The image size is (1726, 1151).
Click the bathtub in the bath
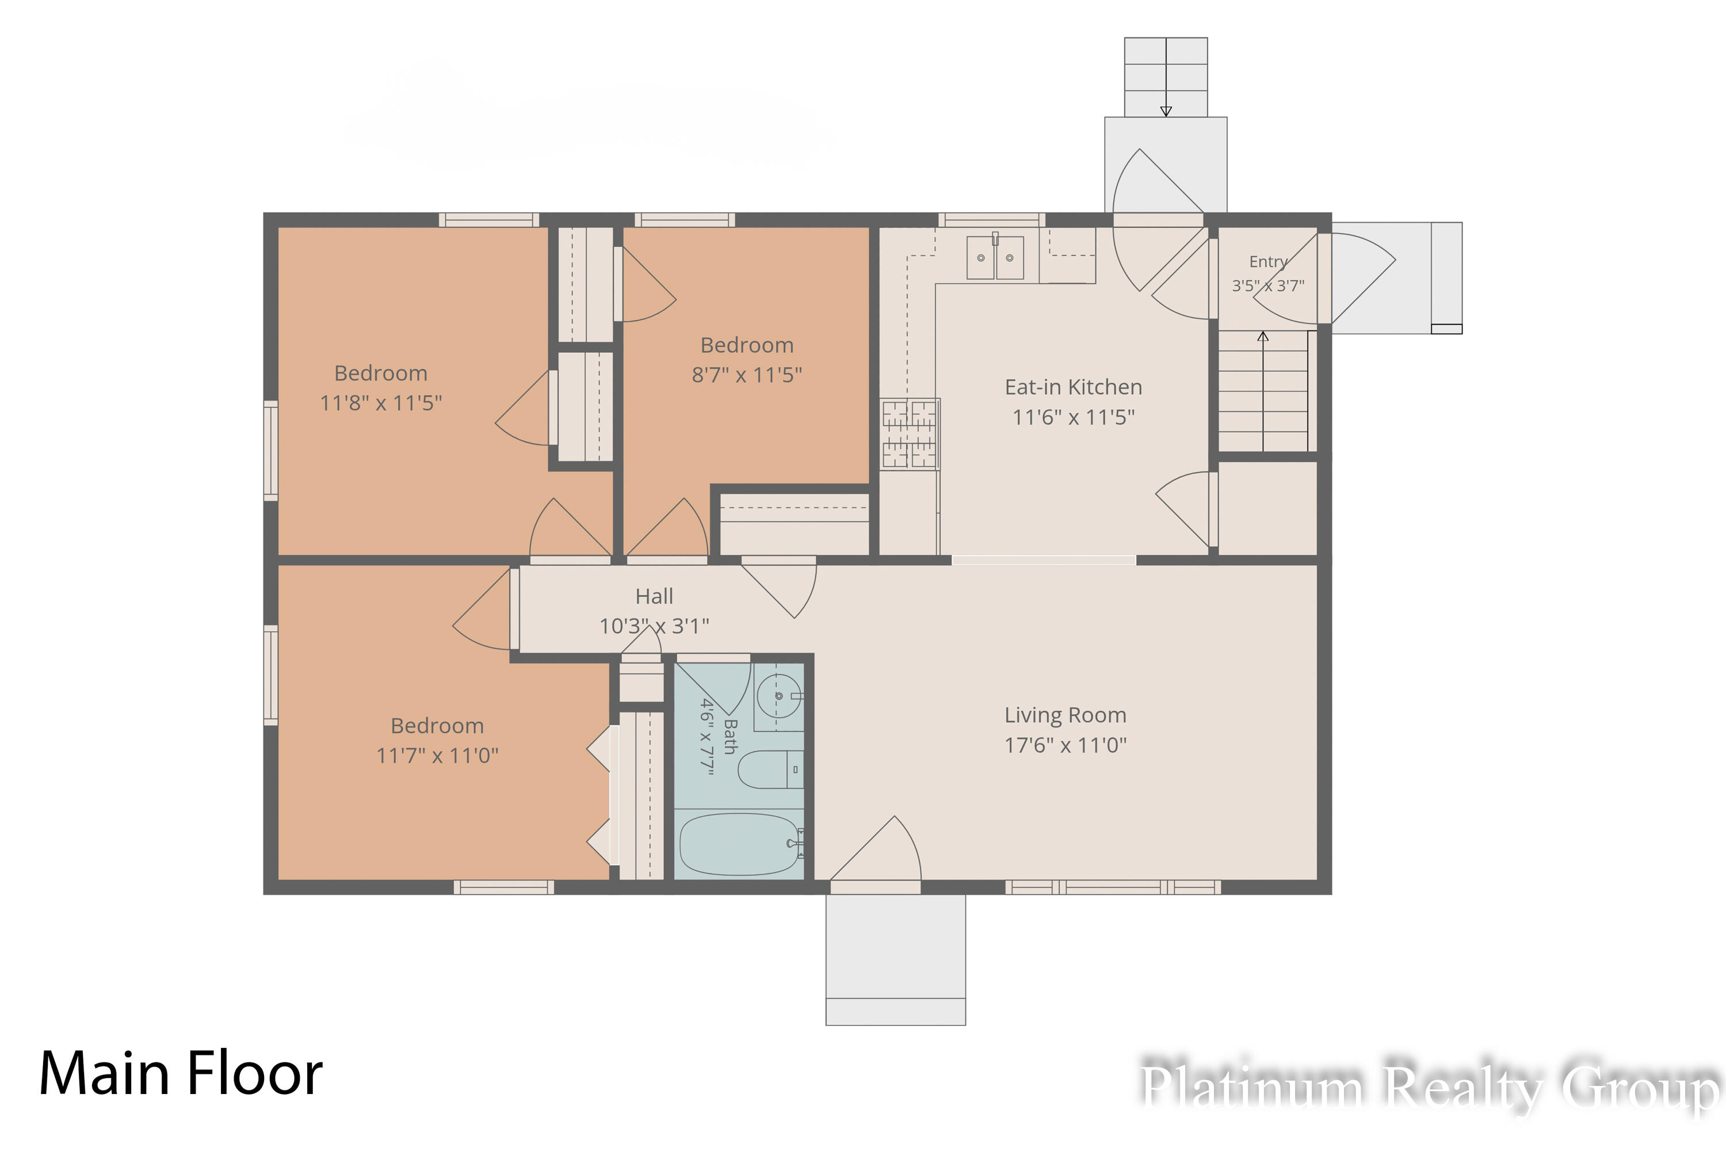pyautogui.click(x=740, y=844)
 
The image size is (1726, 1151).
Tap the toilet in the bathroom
pyautogui.click(x=770, y=769)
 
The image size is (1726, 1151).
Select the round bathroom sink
pyautogui.click(x=780, y=695)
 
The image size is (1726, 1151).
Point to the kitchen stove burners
pyautogui.click(x=909, y=434)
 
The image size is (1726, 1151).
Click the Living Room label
pyautogui.click(x=1065, y=715)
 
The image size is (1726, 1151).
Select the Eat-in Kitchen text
pyautogui.click(x=1073, y=387)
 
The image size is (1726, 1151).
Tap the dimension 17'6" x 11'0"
pyautogui.click(x=1065, y=745)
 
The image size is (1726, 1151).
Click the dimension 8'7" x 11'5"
pyautogui.click(x=746, y=375)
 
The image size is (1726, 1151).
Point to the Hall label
pyautogui.click(x=654, y=596)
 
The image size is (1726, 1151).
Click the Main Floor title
pyautogui.click(x=181, y=1073)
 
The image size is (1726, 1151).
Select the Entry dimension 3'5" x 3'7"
pyautogui.click(x=1268, y=285)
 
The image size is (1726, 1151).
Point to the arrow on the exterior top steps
pyautogui.click(x=1166, y=77)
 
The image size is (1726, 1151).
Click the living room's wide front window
pyautogui.click(x=1113, y=887)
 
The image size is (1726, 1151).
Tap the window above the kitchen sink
pyautogui.click(x=991, y=219)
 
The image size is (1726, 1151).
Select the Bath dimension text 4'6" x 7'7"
pyautogui.click(x=706, y=735)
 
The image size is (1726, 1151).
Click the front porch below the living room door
pyautogui.click(x=895, y=959)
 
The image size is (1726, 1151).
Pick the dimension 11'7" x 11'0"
pyautogui.click(x=437, y=755)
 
